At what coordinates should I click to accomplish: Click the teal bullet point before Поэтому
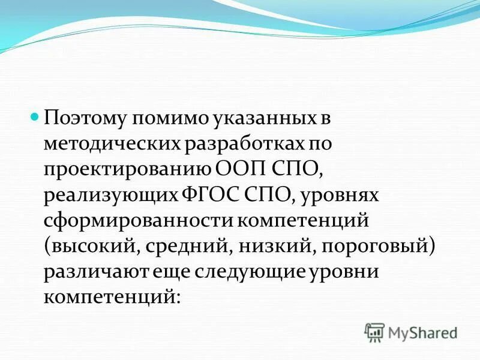tap(35, 115)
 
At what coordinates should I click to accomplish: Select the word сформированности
tap(139, 220)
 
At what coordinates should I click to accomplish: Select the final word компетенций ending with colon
tap(111, 298)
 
